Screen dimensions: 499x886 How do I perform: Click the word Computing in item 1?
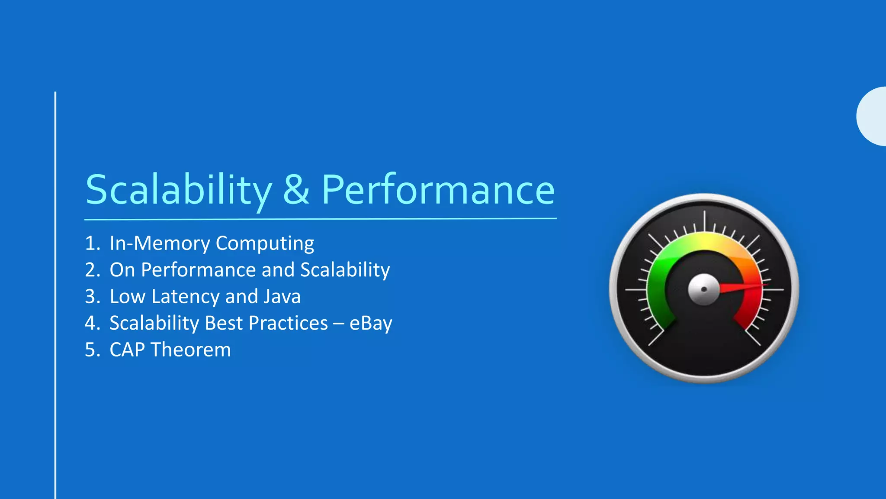(x=265, y=244)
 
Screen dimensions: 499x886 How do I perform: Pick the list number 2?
(x=92, y=270)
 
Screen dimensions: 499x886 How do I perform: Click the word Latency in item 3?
(x=186, y=297)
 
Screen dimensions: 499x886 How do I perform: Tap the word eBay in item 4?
(x=371, y=324)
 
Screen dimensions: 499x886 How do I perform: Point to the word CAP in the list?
(x=127, y=350)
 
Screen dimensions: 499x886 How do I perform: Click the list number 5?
(x=92, y=350)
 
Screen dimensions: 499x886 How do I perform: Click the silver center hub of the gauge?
(x=704, y=289)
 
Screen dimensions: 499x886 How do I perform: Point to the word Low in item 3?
(x=127, y=297)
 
